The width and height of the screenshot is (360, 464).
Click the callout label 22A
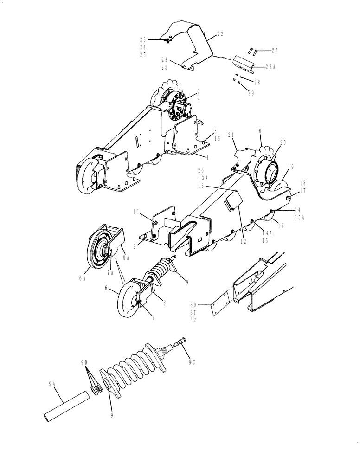(271, 67)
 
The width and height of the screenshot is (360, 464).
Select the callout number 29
(251, 93)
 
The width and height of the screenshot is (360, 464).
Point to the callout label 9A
(51, 384)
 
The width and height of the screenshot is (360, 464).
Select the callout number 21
(232, 135)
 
